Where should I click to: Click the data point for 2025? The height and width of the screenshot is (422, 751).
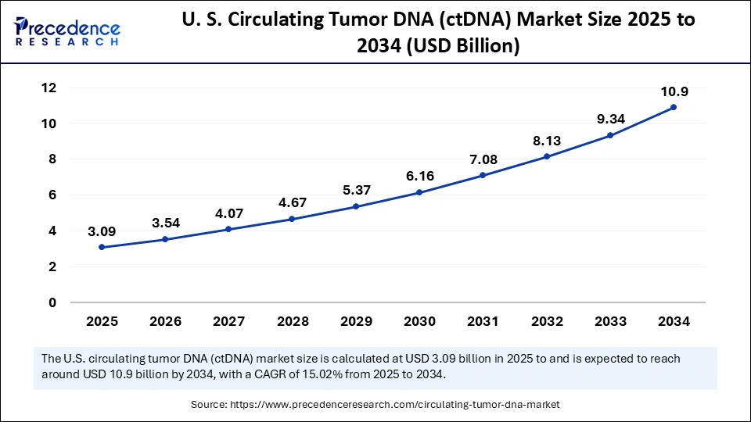pos(102,247)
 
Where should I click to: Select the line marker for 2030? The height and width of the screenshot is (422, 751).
pos(419,192)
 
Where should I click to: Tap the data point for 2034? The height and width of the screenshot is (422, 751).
pos(674,107)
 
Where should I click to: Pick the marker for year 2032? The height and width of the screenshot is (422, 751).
pos(547,156)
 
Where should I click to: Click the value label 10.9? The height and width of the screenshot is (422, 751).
pos(674,92)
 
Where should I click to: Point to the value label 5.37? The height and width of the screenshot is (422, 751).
pos(356,191)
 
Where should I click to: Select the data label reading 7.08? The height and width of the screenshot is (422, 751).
pos(483,160)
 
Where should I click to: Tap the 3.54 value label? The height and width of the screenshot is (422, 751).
pos(166,224)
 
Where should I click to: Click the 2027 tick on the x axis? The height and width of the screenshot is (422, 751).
pos(228,321)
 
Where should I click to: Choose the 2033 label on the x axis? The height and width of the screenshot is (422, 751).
pos(610,321)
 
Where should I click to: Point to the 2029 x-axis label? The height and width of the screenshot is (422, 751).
pos(356,321)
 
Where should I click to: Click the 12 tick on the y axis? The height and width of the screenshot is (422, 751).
pos(48,88)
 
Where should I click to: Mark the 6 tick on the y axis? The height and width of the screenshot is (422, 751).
pos(52,195)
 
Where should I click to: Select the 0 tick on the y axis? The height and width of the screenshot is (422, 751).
pos(52,302)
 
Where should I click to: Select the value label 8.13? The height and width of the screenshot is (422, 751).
pos(547,141)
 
